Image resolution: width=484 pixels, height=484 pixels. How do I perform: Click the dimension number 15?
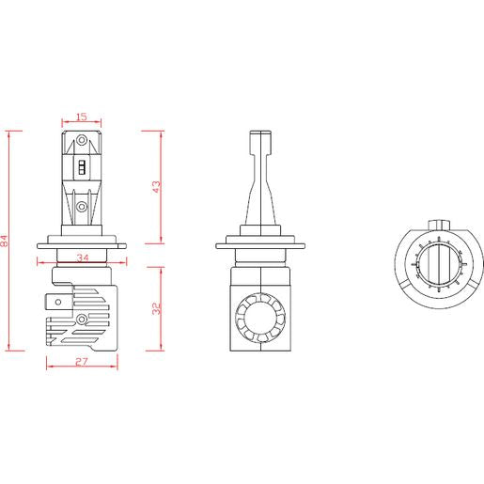click(x=81, y=117)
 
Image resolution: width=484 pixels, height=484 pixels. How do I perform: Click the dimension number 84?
click(x=4, y=241)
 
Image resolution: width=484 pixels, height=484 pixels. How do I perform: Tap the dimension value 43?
click(x=156, y=187)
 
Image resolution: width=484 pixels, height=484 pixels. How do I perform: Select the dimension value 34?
click(x=83, y=258)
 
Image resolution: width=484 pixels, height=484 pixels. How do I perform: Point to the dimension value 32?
click(x=156, y=308)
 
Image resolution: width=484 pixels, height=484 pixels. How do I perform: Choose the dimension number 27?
click(x=82, y=362)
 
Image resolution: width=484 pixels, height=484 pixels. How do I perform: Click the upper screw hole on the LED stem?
click(x=82, y=140)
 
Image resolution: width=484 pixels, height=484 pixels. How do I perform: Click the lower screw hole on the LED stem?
click(x=82, y=207)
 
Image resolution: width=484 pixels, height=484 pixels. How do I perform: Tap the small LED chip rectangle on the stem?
click(x=82, y=167)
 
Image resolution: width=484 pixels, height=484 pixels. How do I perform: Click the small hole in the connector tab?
click(x=58, y=303)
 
